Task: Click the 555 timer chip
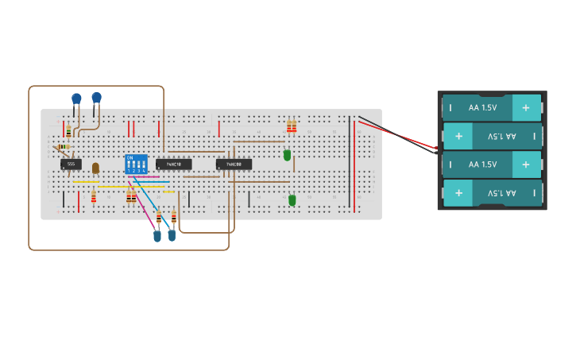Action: click(x=71, y=165)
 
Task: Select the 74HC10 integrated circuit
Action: click(x=173, y=165)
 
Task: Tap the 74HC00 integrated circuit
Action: click(x=234, y=165)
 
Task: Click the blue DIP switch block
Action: click(x=137, y=165)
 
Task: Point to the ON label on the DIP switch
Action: click(x=130, y=157)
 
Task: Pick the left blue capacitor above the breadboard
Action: click(x=76, y=99)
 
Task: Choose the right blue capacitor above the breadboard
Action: click(x=96, y=98)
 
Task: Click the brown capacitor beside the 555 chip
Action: click(x=95, y=168)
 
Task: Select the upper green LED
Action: click(x=287, y=156)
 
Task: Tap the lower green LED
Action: click(x=292, y=200)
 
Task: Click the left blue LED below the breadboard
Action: click(x=157, y=235)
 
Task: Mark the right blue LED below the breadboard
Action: click(x=172, y=235)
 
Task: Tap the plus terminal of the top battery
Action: click(x=525, y=107)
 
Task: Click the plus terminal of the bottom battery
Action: click(x=458, y=193)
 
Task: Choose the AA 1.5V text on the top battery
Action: click(x=482, y=107)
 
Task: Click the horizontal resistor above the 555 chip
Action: click(x=64, y=147)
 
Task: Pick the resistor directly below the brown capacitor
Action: click(x=94, y=195)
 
